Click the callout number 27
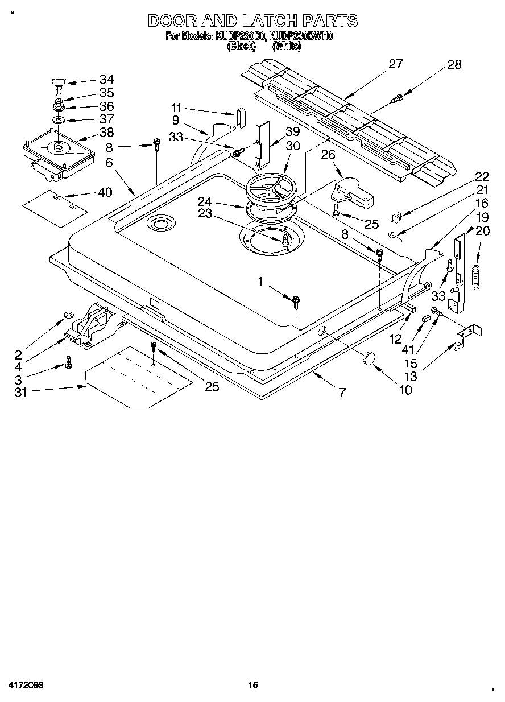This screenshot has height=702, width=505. (x=395, y=64)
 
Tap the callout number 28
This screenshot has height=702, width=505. (x=454, y=65)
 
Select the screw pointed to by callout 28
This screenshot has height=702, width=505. (x=397, y=99)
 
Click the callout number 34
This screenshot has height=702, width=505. (x=106, y=80)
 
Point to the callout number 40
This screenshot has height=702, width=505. (x=105, y=192)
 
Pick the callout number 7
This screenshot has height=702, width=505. (x=341, y=393)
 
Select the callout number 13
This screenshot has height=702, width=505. (x=410, y=376)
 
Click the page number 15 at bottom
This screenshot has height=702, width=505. (x=253, y=686)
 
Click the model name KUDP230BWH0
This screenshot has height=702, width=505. (x=301, y=36)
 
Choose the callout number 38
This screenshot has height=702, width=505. (x=106, y=133)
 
